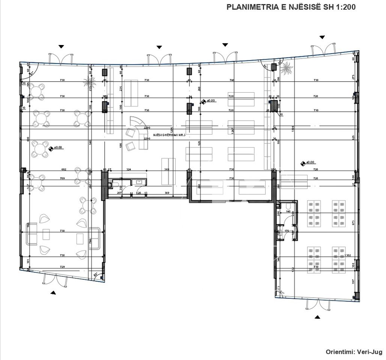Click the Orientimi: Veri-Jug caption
pos(353,352)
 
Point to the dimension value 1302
pos(348,255)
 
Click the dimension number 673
pos(353,223)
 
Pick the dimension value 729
pos(62,267)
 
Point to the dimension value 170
pos(287,231)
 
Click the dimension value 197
pos(353,281)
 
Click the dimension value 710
pos(316,111)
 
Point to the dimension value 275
pos(353,77)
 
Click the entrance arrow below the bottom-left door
pos(53,292)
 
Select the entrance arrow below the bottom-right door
pos(318,317)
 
